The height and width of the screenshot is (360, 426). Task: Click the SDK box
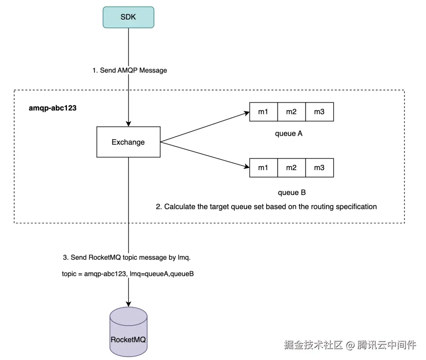(x=128, y=17)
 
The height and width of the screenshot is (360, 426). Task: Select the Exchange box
(x=128, y=142)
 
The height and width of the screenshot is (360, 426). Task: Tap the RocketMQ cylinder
(x=128, y=332)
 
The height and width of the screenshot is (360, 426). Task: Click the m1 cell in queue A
(x=263, y=112)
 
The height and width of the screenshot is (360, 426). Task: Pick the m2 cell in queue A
(x=291, y=112)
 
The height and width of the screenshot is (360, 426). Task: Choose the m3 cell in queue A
(x=319, y=112)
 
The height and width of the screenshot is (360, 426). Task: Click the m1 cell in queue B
(x=263, y=168)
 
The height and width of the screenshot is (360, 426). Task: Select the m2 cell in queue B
(x=291, y=168)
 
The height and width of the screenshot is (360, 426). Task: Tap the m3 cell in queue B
(x=319, y=168)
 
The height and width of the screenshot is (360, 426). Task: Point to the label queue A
(x=288, y=133)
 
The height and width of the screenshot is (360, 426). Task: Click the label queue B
(x=291, y=193)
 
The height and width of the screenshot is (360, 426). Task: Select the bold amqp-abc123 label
(x=52, y=108)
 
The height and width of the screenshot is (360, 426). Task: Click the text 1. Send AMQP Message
(x=130, y=70)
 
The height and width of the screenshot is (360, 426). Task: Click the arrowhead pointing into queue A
(x=247, y=113)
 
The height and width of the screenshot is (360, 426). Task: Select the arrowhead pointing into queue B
(x=247, y=166)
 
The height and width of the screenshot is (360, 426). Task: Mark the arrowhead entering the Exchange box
(x=129, y=124)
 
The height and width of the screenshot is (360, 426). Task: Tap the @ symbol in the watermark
(x=350, y=345)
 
